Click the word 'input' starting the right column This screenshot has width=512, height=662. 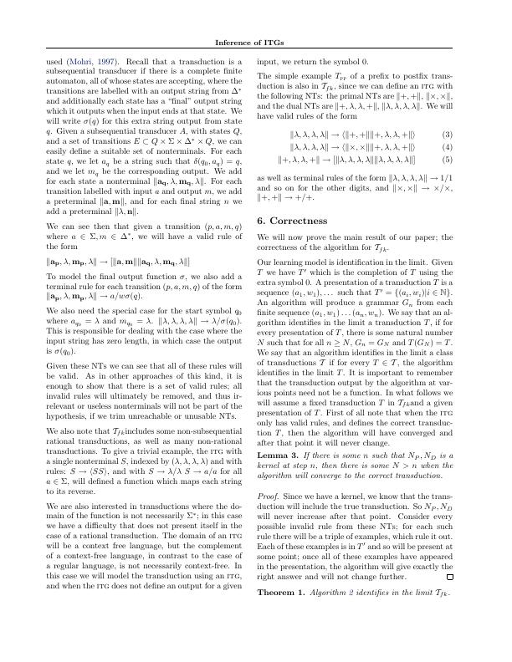[x=266, y=62]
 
